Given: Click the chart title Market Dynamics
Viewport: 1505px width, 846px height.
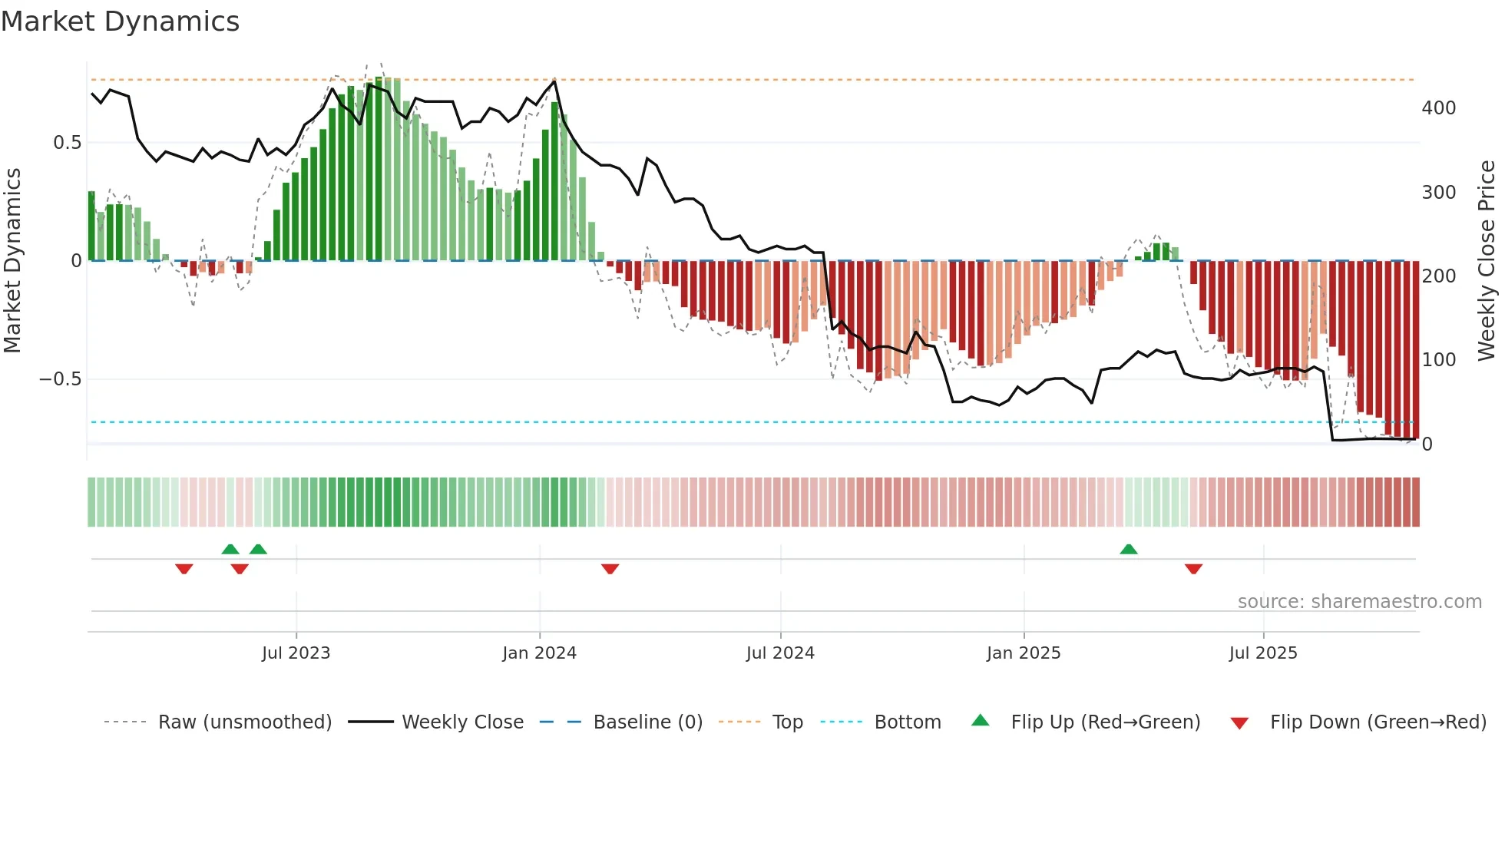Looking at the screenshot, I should coord(121,21).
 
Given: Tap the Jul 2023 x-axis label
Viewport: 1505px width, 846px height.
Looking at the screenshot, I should coord(296,653).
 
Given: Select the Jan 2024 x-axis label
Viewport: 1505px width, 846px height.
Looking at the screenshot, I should coord(539,653).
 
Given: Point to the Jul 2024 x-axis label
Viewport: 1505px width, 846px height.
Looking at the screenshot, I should coord(780,653).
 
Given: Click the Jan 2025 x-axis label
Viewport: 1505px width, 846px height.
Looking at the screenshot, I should coord(1024,653).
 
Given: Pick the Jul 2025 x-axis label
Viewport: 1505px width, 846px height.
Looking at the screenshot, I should coord(1263,653).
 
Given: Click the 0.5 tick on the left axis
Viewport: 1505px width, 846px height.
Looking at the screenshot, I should coord(68,143).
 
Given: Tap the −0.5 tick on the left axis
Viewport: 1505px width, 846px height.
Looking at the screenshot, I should coord(61,379).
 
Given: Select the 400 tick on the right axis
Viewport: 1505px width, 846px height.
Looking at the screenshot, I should coord(1439,108).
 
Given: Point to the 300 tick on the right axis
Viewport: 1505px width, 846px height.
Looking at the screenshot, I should coord(1439,193).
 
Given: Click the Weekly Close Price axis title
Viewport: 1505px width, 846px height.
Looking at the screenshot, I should coord(1487,261).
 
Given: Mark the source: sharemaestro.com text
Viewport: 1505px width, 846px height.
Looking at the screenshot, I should coord(1359,602).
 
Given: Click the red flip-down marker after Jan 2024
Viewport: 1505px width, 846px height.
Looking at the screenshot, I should coord(610,569).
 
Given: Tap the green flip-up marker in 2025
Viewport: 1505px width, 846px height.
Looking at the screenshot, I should coord(1129,550).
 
